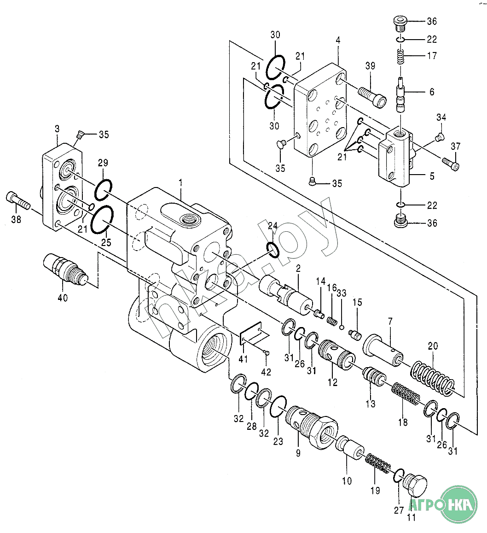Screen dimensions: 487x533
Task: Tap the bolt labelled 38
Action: tap(18, 201)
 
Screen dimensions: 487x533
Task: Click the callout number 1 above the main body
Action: tap(181, 182)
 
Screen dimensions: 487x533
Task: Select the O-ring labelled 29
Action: tap(103, 190)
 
